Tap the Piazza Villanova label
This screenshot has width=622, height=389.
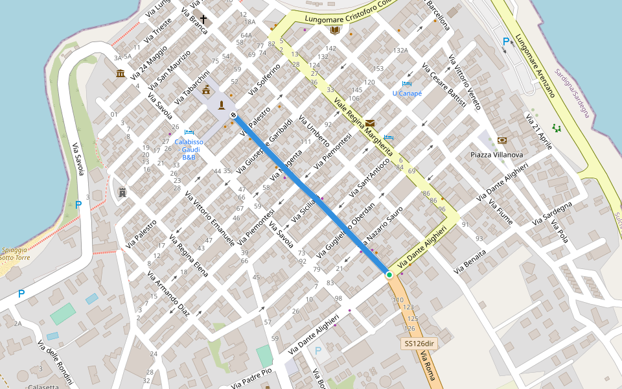(x=496, y=155)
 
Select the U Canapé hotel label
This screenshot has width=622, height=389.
(x=407, y=93)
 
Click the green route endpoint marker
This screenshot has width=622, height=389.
(x=389, y=276)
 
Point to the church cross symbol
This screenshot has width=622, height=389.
(x=203, y=19)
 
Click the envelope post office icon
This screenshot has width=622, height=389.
(x=369, y=123)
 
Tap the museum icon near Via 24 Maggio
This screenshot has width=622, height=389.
(x=121, y=73)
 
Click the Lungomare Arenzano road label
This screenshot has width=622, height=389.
(x=535, y=65)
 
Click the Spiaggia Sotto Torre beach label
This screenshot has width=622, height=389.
(x=14, y=253)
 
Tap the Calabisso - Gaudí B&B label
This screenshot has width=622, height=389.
(x=189, y=149)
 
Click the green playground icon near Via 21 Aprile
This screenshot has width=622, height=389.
(x=557, y=128)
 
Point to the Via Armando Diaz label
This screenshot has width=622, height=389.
(x=168, y=294)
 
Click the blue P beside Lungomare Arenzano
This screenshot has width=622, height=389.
(x=506, y=41)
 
